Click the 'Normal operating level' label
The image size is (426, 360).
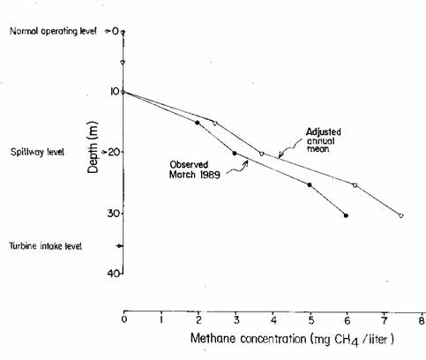(x=53, y=31)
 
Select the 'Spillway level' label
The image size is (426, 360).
(x=37, y=152)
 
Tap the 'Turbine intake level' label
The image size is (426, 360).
(x=46, y=246)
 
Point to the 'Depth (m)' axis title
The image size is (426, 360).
(x=93, y=147)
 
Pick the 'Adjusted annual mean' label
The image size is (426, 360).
(x=323, y=140)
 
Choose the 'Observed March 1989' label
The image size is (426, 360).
(x=194, y=169)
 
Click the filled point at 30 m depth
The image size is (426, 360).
(x=346, y=215)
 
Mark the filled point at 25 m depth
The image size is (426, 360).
(x=310, y=184)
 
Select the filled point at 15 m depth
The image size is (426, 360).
(x=198, y=123)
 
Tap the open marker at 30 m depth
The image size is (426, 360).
(x=401, y=215)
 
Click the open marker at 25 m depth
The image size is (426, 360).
(x=355, y=185)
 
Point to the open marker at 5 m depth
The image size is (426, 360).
(x=123, y=62)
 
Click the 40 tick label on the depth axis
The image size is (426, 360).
(x=114, y=273)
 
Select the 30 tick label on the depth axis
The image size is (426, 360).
(x=114, y=213)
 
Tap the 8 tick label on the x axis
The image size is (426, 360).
(x=422, y=320)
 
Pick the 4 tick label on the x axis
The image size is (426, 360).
(x=273, y=320)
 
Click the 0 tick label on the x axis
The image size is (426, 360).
(x=124, y=319)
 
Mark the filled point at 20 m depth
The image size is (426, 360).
(x=235, y=154)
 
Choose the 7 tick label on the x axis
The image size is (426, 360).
(x=385, y=320)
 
